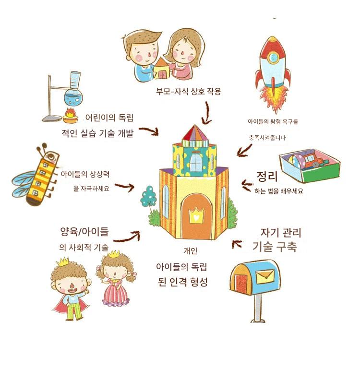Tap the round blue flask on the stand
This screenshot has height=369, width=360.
coord(73,98)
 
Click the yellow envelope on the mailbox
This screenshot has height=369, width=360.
coord(265,277)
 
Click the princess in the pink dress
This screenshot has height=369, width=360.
coord(116,279)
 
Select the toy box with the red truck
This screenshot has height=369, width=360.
coord(310,166)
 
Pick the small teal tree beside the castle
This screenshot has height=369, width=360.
coord(148,196)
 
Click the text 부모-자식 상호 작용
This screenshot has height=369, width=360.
coord(189,91)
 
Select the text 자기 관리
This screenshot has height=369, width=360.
coord(281,233)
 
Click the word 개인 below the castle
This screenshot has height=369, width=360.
coord(191,250)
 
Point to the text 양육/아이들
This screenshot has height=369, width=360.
coord(84,232)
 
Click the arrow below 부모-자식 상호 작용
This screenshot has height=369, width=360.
coord(207,113)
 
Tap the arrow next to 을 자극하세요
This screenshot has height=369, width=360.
coord(125,187)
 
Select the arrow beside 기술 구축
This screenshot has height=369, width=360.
coord(236,244)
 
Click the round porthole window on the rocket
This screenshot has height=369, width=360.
coord(273,57)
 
